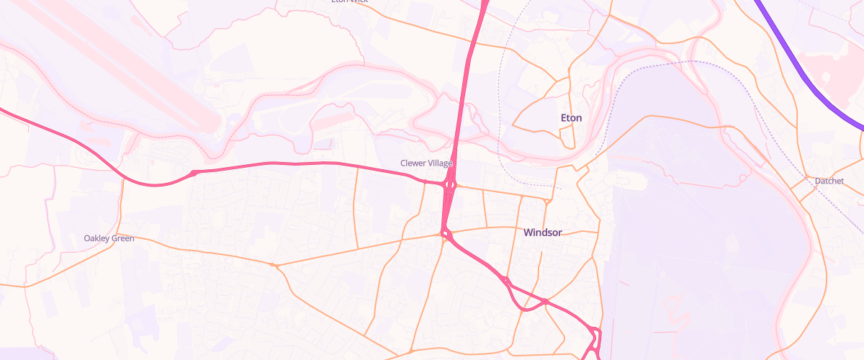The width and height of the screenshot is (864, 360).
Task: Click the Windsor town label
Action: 543,233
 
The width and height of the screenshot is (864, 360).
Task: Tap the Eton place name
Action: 571,117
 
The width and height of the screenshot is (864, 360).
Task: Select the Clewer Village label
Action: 426,163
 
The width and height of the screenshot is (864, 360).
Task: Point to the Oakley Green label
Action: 109,238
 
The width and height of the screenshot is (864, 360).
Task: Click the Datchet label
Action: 829,181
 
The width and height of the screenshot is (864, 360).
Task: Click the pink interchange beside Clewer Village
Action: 450,186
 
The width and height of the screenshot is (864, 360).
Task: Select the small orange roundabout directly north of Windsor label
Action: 546,201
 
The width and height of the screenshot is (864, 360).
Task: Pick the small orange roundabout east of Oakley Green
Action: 274,265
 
